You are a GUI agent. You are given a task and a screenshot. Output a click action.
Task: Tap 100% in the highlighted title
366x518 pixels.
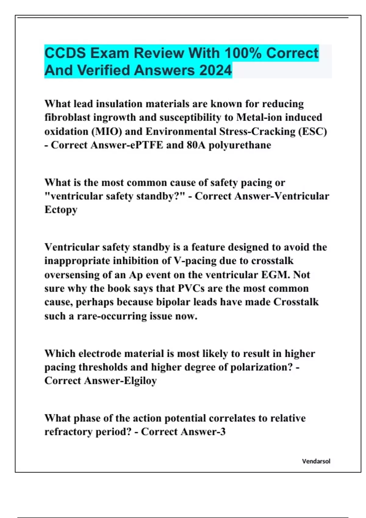pyautogui.click(x=243, y=53)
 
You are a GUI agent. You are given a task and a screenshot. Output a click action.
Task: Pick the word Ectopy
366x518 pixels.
pyautogui.click(x=61, y=210)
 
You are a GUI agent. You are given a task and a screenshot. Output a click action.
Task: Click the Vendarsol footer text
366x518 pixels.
pyautogui.click(x=316, y=461)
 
